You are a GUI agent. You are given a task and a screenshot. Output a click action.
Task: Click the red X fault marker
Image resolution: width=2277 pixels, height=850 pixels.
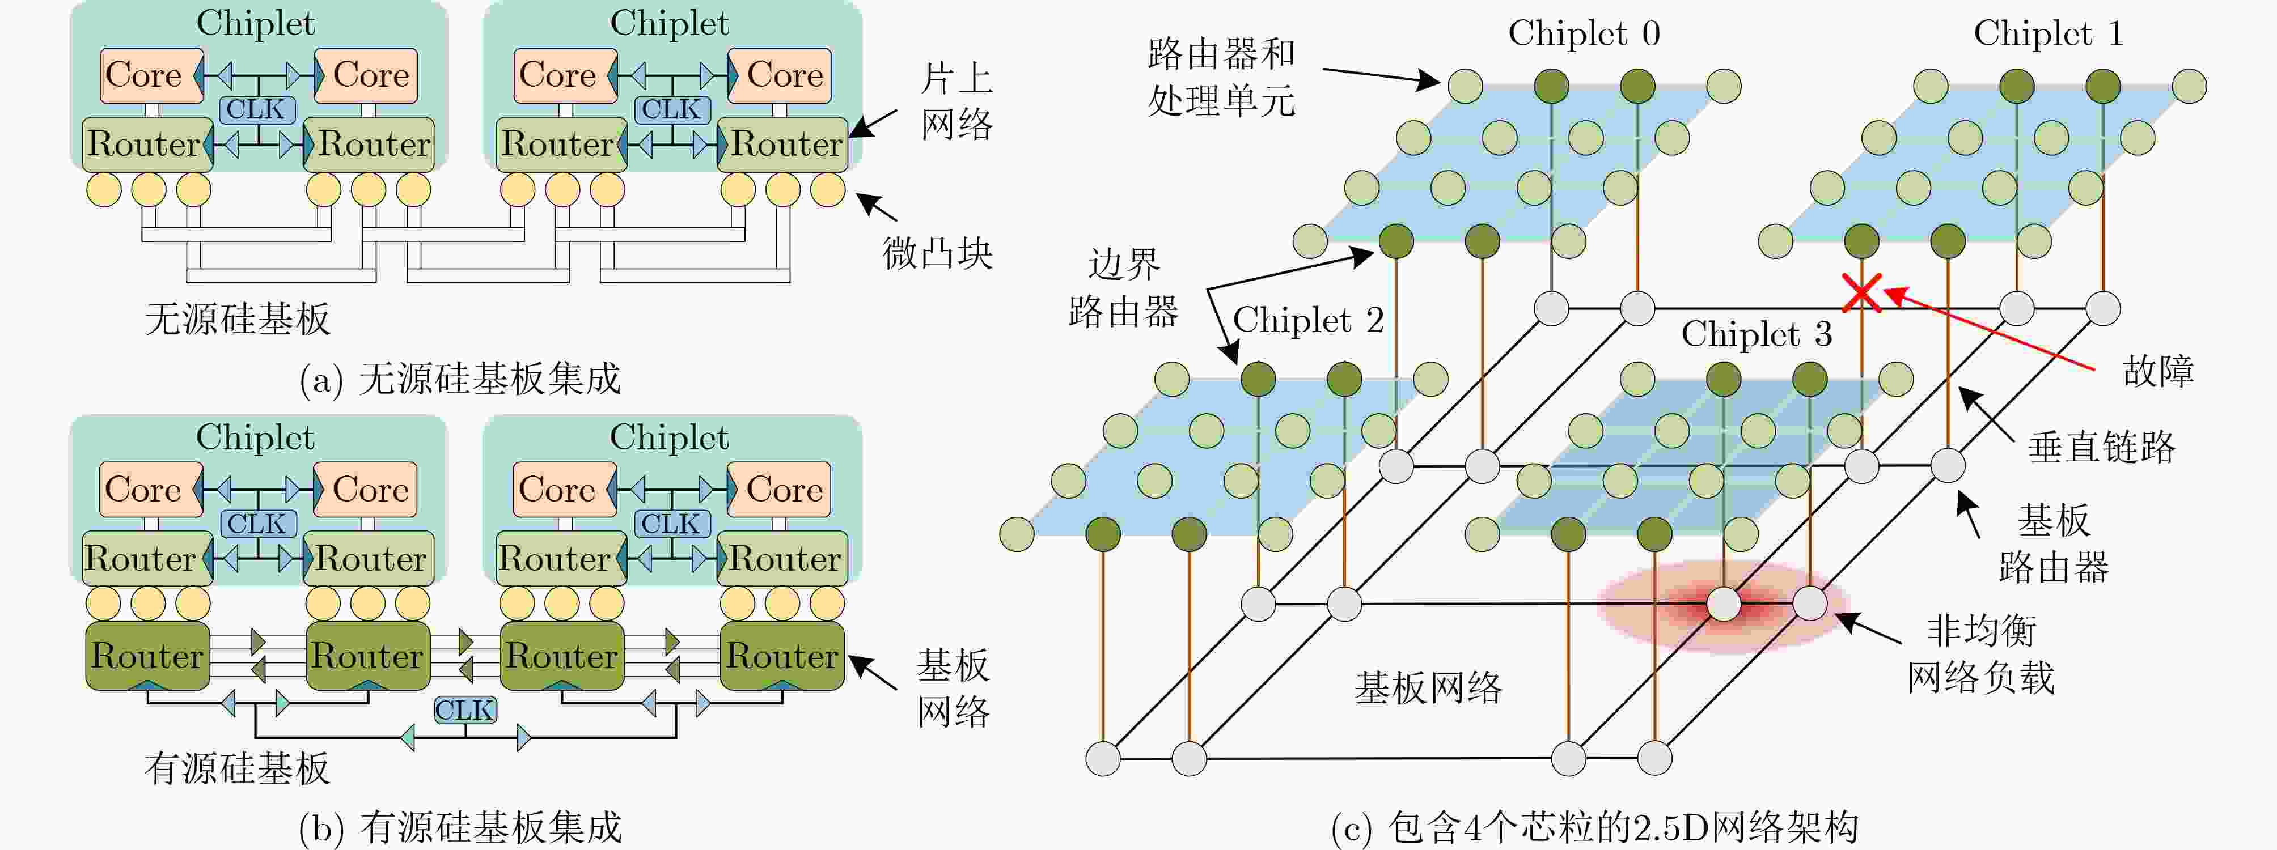[x=1861, y=292]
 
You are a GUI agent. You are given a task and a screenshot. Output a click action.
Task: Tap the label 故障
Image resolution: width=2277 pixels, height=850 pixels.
[x=2158, y=371]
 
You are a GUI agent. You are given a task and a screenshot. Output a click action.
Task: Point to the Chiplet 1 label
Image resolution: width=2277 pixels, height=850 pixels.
[x=2048, y=33]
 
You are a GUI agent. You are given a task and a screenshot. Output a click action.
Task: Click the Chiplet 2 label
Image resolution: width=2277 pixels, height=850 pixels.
[x=1307, y=320]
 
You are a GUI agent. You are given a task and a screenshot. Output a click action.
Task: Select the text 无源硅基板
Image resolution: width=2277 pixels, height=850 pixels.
[x=237, y=318]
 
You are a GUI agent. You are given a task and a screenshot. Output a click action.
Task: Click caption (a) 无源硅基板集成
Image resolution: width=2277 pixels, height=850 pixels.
[x=460, y=379]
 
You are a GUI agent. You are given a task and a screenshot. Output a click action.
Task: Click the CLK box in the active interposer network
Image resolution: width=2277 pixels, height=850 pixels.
[x=465, y=709]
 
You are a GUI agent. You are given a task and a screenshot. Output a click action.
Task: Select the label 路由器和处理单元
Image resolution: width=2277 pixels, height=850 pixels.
[x=1221, y=78]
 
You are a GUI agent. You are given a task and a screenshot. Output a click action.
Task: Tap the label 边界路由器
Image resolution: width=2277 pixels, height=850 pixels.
[x=1123, y=287]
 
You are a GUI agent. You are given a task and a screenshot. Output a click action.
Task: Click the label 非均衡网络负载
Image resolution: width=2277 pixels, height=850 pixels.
[x=1980, y=654]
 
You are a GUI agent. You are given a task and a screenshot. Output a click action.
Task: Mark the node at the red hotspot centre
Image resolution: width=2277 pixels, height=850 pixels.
[x=1723, y=605]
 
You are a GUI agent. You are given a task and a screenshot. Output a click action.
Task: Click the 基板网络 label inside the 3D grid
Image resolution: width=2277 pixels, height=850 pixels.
[x=1428, y=687]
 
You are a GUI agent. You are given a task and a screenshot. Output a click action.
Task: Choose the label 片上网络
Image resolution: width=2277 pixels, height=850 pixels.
[x=956, y=101]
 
